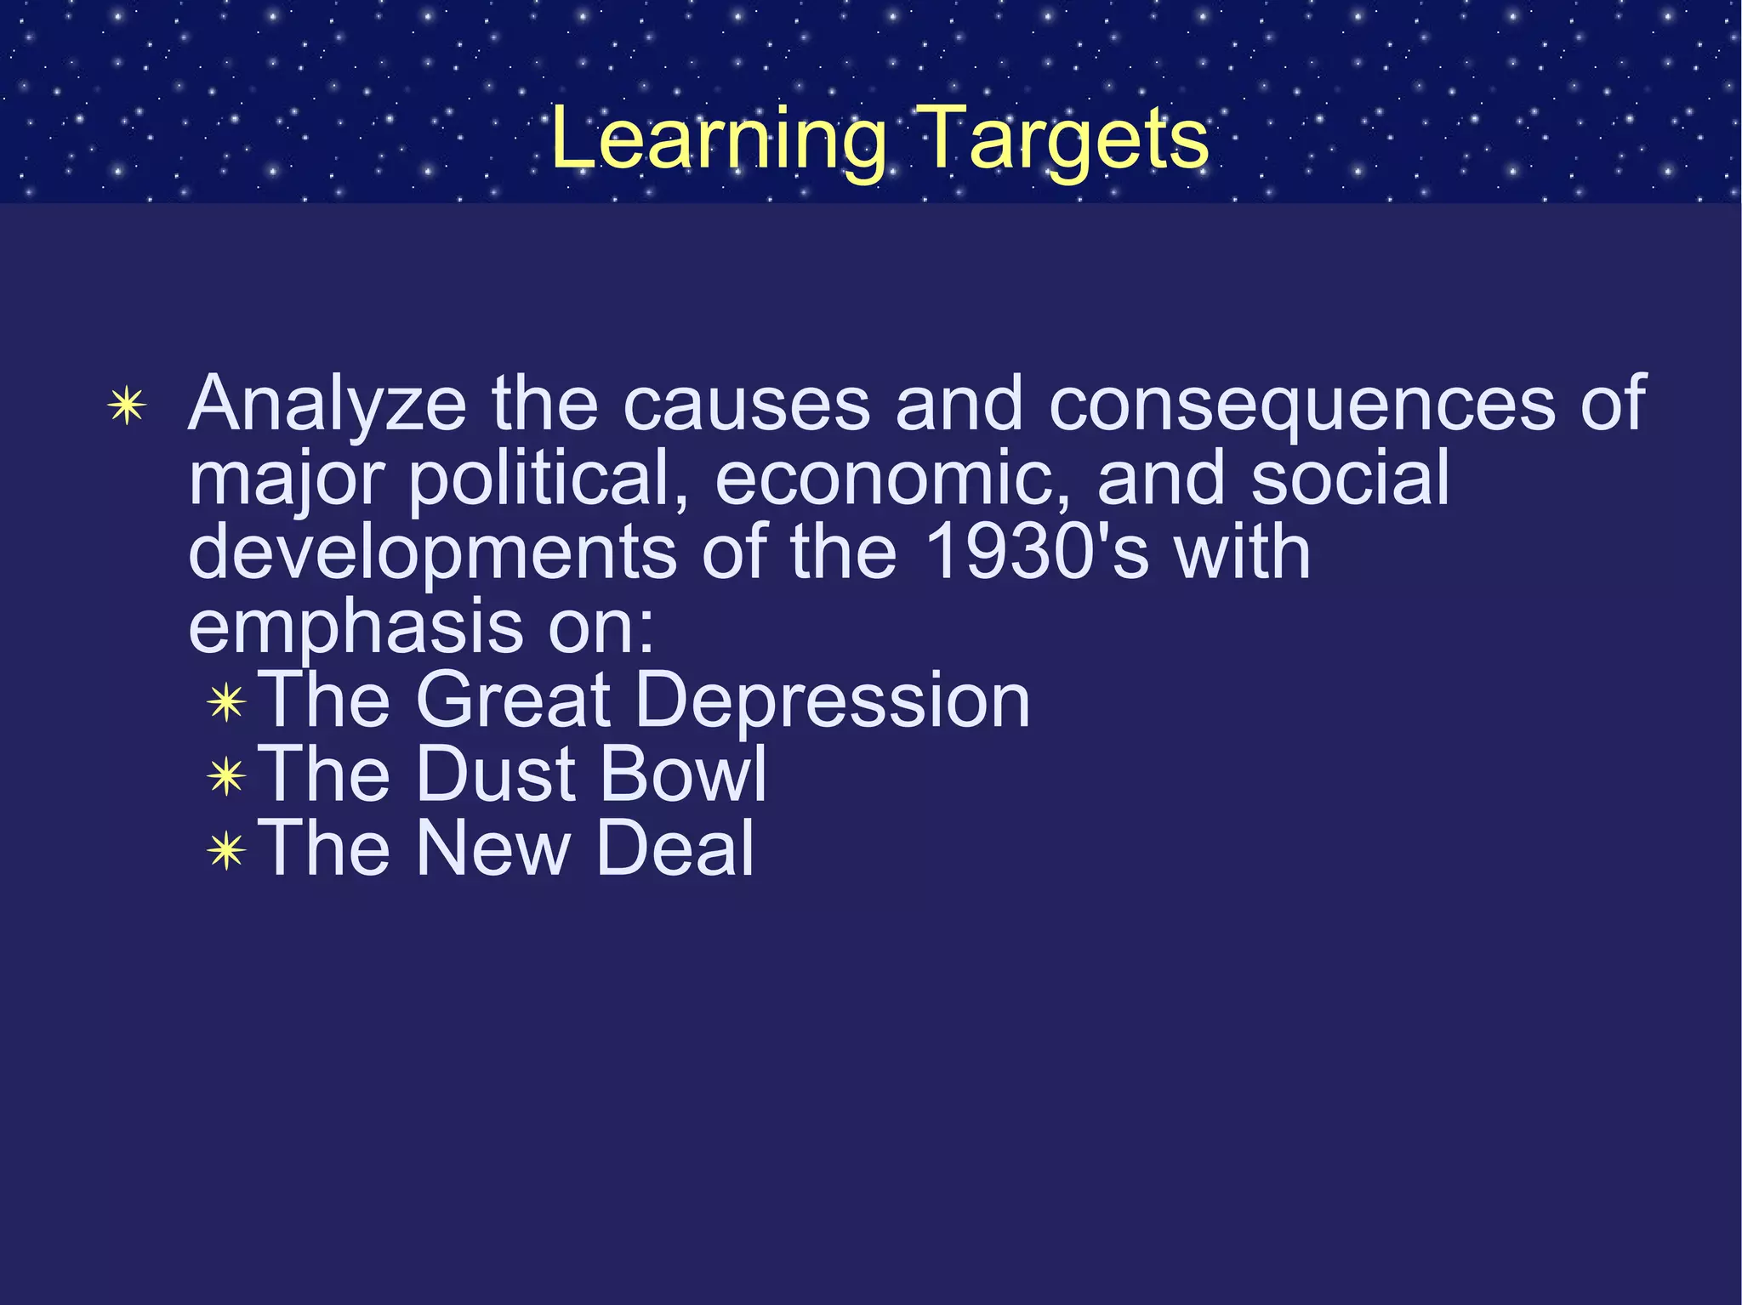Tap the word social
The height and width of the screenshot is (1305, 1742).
pos(1350,479)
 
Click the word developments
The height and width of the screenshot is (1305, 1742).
pos(432,553)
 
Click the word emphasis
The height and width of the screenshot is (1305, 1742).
pos(356,627)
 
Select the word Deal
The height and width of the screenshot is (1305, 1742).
pos(675,848)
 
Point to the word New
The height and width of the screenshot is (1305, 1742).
pos(492,848)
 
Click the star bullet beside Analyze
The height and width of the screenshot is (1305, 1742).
pos(127,406)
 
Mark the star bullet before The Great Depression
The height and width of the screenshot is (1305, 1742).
pos(226,703)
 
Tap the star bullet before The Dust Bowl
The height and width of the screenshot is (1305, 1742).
pos(226,776)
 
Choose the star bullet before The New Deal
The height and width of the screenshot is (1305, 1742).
pos(226,850)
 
